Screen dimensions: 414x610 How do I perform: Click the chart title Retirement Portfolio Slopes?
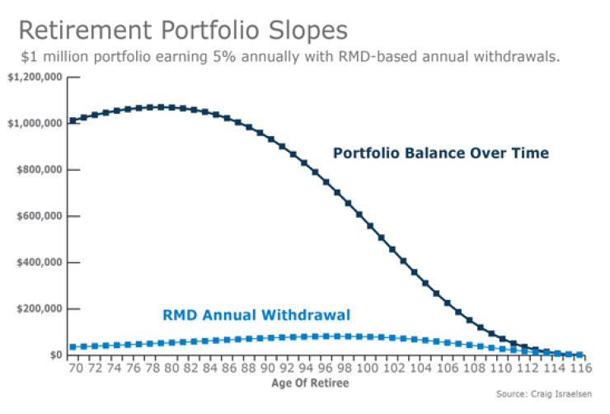coord(182,31)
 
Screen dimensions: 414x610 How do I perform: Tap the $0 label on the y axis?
coord(56,355)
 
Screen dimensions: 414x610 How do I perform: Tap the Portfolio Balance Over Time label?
coord(440,153)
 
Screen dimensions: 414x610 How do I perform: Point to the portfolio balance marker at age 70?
coord(73,121)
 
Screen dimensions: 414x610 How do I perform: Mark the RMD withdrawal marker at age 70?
coord(73,347)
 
